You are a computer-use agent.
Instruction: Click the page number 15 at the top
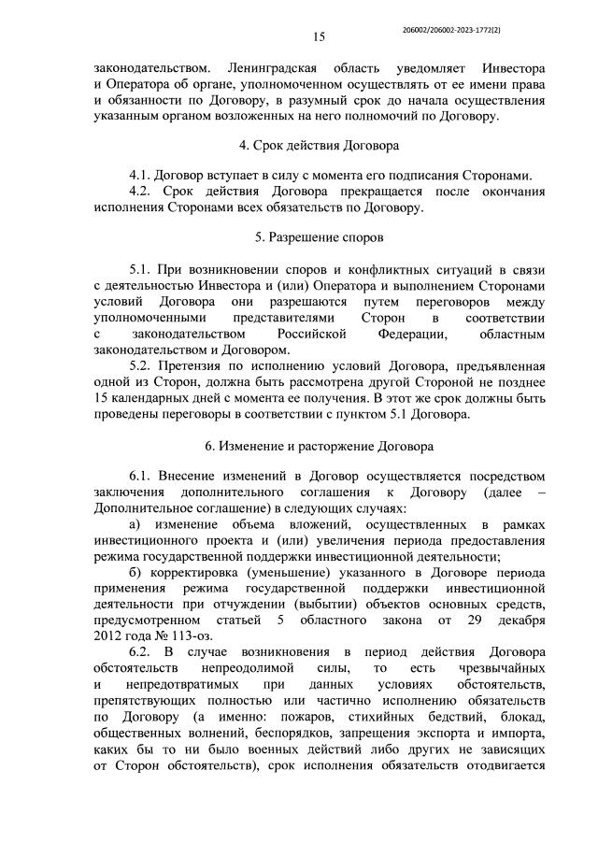tap(318, 37)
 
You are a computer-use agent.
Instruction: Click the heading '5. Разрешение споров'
tap(318, 237)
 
